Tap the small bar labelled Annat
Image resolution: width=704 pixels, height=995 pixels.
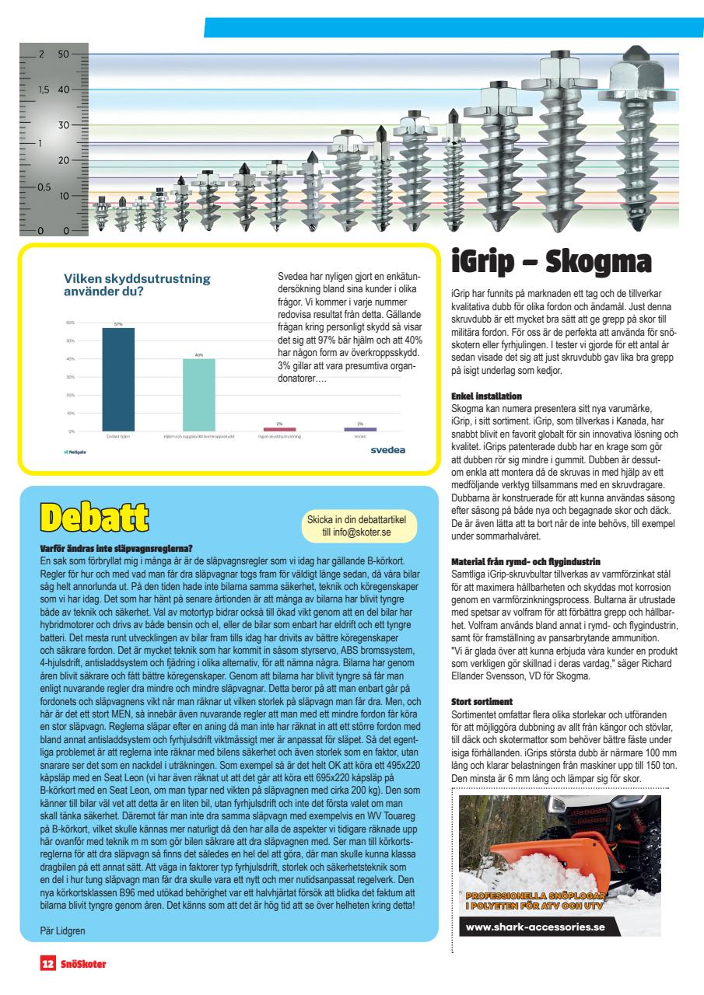pos(359,428)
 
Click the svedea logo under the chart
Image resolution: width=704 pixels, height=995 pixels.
pos(387,449)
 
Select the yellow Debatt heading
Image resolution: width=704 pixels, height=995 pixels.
pos(98,518)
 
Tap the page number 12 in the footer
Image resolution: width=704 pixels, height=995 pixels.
pos(47,964)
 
